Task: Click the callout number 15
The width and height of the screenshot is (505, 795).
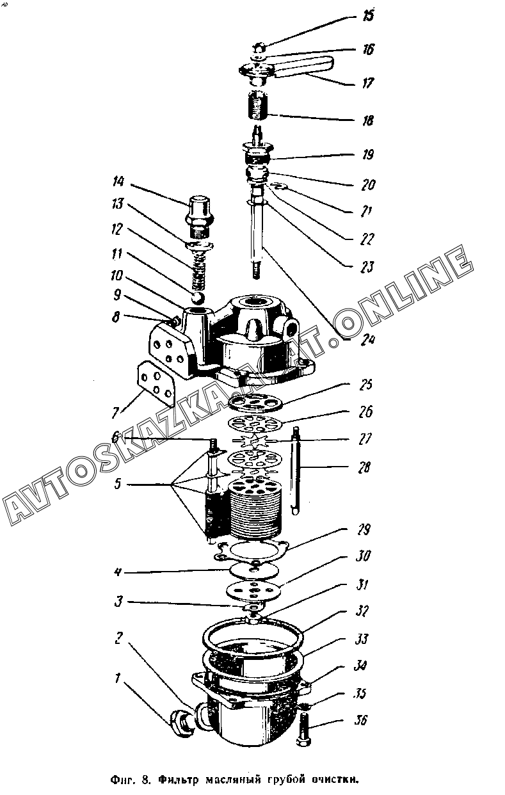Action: pos(368,15)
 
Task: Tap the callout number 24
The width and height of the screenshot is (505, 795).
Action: pos(367,340)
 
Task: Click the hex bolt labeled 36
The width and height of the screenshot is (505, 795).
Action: pos(303,730)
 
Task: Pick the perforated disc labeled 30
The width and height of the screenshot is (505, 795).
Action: pos(254,588)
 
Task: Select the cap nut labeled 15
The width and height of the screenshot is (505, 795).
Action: pos(259,47)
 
